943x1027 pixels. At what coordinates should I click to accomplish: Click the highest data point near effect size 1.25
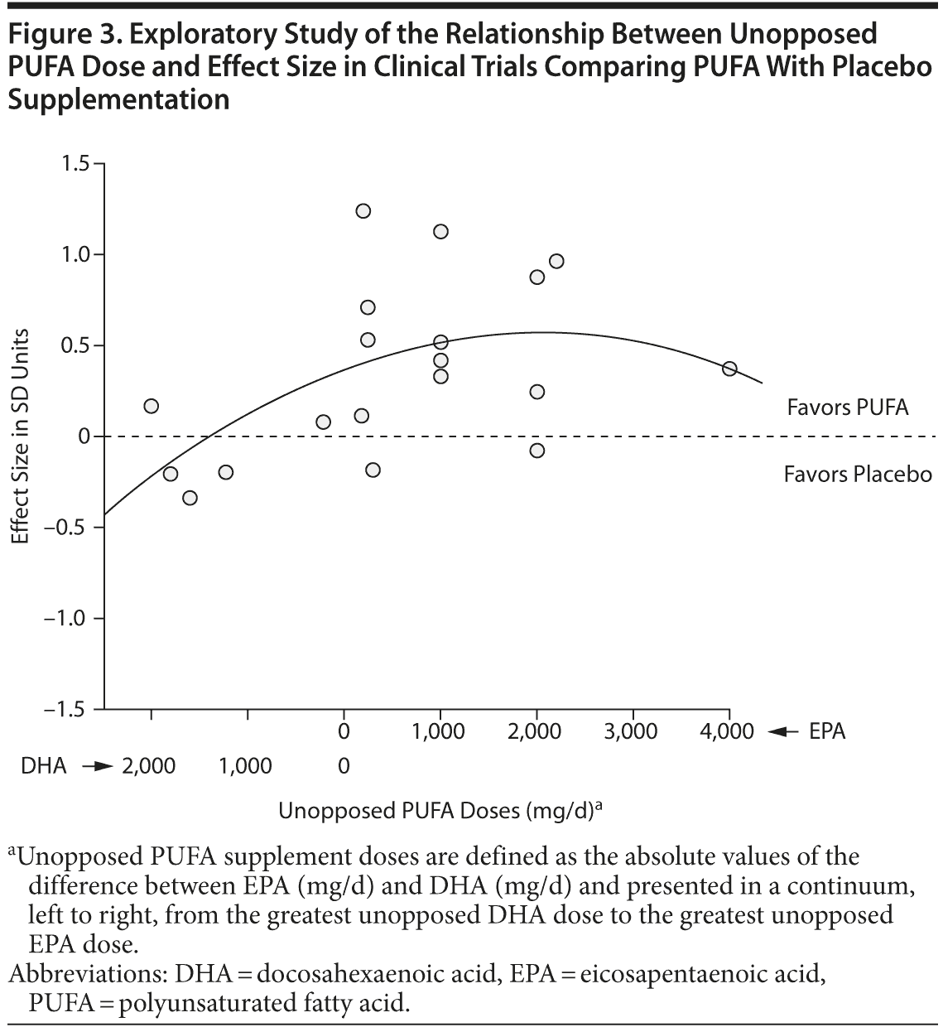tap(363, 211)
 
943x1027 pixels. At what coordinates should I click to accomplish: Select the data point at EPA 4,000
tap(729, 369)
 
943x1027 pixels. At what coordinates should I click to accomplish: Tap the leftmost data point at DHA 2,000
tap(151, 406)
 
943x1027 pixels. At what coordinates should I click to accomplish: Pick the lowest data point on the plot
tap(190, 498)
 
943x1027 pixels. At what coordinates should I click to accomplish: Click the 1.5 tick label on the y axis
tap(75, 163)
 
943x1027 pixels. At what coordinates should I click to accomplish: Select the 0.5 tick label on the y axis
tap(75, 345)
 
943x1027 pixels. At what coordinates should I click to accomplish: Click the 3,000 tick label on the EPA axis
tap(633, 731)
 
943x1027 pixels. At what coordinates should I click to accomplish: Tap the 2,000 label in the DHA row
tap(149, 766)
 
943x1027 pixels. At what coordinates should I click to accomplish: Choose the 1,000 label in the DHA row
tap(246, 766)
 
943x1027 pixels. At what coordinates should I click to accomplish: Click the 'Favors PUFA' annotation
tap(847, 407)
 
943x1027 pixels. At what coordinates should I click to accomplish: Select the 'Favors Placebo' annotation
tap(858, 475)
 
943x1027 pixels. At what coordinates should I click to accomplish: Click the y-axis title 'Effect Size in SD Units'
tap(22, 436)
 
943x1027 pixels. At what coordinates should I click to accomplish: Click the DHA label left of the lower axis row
tap(43, 766)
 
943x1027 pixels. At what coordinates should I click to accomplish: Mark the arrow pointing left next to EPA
tap(782, 731)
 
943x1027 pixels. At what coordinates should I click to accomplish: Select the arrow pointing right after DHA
tap(98, 766)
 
